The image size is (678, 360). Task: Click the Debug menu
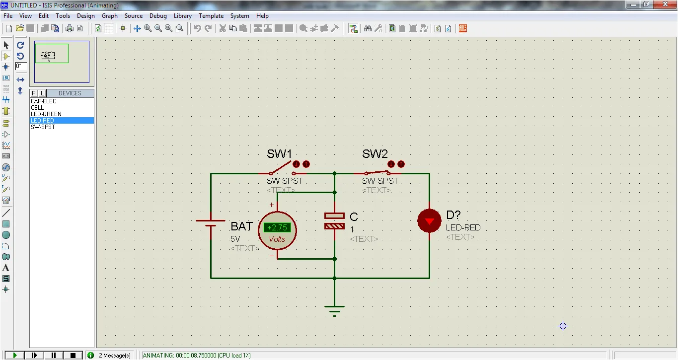(x=158, y=16)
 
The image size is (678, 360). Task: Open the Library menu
(x=182, y=16)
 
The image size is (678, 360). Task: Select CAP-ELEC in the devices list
(x=44, y=101)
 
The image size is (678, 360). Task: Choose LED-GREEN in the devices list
(x=46, y=114)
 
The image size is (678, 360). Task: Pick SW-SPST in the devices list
(x=43, y=127)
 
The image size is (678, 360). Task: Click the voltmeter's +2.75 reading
(x=277, y=227)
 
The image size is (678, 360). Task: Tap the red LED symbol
(x=429, y=221)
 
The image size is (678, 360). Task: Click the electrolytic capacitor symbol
(x=334, y=221)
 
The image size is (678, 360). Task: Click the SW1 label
(x=279, y=154)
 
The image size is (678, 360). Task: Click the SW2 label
(x=375, y=154)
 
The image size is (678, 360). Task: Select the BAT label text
(x=241, y=226)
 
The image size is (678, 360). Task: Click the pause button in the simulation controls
(x=54, y=355)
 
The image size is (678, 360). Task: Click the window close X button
(x=665, y=4)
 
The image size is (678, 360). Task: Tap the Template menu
(x=211, y=16)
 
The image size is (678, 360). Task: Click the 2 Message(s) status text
(x=115, y=356)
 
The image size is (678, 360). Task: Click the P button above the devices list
(x=34, y=93)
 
